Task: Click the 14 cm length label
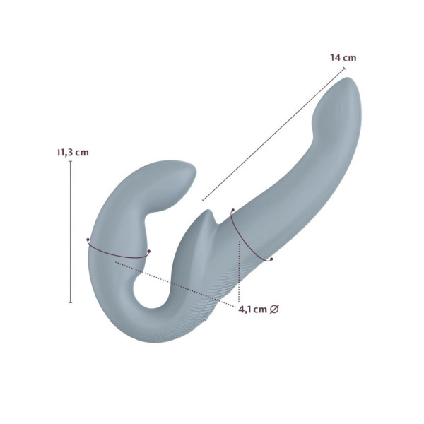click(x=343, y=57)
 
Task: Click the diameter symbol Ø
click(x=276, y=309)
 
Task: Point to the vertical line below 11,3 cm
click(x=71, y=233)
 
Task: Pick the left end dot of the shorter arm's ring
click(x=88, y=241)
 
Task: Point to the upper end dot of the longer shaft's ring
click(x=232, y=210)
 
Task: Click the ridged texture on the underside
click(x=212, y=297)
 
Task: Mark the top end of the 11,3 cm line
click(x=71, y=162)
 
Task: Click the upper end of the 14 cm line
click(x=344, y=68)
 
